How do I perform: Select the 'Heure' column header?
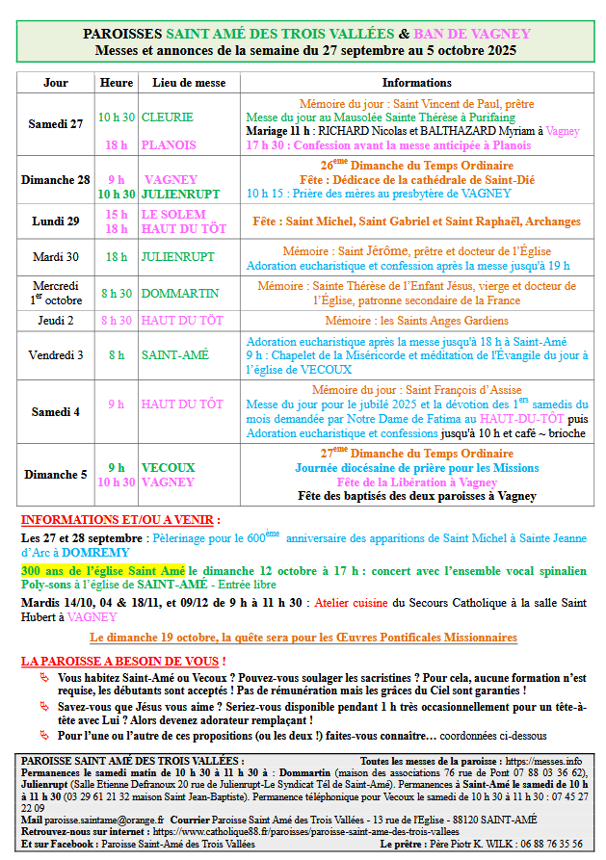point(117,83)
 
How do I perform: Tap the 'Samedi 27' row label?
point(56,124)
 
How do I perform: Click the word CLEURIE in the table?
point(168,117)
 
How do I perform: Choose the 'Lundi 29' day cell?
point(56,221)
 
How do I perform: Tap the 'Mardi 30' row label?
point(56,257)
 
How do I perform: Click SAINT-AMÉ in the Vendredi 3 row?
point(174,354)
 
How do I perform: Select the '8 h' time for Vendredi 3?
point(117,354)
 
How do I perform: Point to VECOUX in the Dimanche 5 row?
point(169,467)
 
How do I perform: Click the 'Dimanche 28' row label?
point(56,180)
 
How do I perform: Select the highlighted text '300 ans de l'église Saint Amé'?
point(103,571)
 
